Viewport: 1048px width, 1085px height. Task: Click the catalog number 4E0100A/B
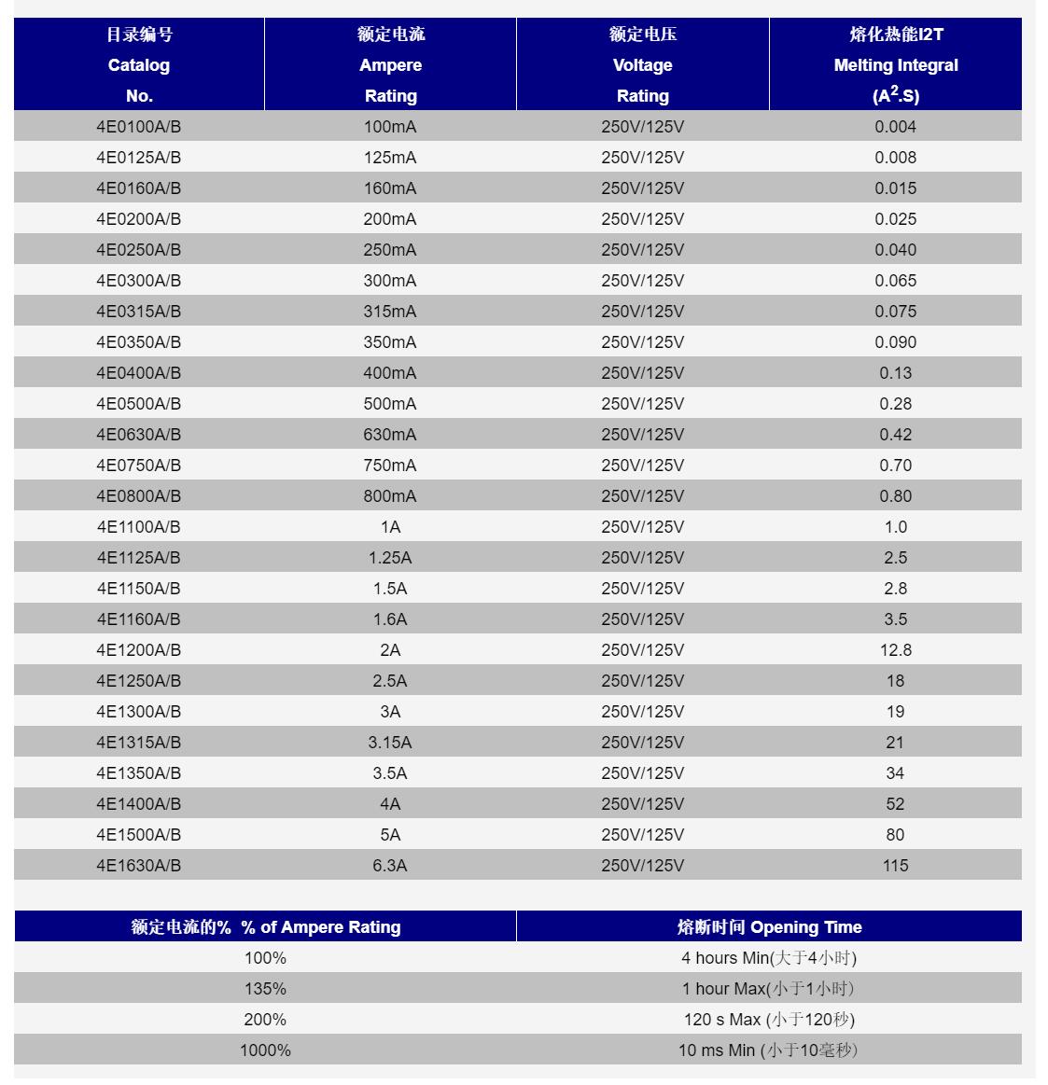tap(138, 127)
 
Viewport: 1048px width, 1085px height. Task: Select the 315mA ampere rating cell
tap(390, 312)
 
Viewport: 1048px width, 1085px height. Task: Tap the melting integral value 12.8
tap(895, 650)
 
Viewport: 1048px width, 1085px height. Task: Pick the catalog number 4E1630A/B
tap(138, 866)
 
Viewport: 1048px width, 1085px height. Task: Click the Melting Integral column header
tap(895, 65)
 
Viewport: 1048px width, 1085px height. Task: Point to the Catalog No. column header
tap(138, 65)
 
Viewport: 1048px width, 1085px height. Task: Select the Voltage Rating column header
tap(642, 65)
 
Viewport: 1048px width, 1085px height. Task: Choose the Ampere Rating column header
tap(390, 65)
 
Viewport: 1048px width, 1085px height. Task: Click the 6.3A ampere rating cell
tap(390, 866)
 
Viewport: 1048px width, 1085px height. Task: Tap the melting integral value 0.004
tap(895, 127)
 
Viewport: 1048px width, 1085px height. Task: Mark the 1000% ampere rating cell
tap(265, 1050)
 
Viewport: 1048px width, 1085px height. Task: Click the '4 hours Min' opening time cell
tap(768, 958)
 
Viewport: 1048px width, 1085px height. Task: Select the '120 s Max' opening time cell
tap(768, 1020)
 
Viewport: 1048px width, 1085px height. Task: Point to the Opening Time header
tap(768, 927)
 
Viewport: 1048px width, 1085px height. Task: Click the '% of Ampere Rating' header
tap(265, 927)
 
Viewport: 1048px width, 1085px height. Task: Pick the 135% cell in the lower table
tap(265, 989)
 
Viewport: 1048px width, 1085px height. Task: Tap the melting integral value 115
tap(895, 866)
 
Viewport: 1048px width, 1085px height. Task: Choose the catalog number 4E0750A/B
tap(138, 466)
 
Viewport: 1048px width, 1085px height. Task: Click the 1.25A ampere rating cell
tap(390, 558)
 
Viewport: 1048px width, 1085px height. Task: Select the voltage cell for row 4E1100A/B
tap(642, 527)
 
